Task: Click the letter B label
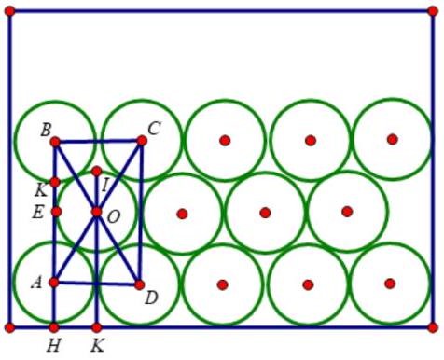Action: [x=45, y=129]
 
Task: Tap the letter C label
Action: [x=154, y=129]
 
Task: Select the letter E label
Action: [x=37, y=213]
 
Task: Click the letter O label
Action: [x=114, y=216]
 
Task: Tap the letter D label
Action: [x=150, y=298]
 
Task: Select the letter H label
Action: [x=53, y=346]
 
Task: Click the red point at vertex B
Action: [x=55, y=142]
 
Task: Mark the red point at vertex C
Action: [x=142, y=141]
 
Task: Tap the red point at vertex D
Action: [x=139, y=284]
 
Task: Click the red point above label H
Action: [x=54, y=327]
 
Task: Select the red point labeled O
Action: [x=96, y=213]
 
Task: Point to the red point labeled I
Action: [x=97, y=172]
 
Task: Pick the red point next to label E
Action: [x=56, y=212]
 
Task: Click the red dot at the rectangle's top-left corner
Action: [x=10, y=11]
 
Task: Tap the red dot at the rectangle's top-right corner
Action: [x=430, y=11]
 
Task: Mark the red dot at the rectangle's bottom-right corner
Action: [x=433, y=327]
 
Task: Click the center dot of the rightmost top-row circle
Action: [x=393, y=139]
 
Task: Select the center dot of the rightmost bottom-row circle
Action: [x=390, y=284]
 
